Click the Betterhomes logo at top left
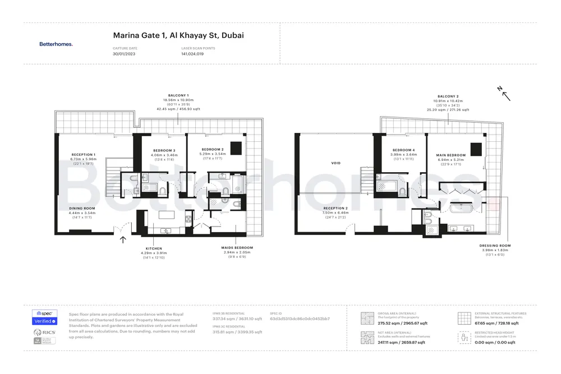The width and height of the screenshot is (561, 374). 56,44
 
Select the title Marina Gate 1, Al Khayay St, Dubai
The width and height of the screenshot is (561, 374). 178,35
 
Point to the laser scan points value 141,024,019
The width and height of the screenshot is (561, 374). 192,54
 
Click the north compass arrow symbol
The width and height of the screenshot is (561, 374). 505,94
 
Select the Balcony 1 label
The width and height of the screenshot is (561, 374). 178,95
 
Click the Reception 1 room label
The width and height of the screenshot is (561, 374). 83,154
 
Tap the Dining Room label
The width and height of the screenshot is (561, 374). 82,208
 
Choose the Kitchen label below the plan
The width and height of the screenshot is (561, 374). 154,248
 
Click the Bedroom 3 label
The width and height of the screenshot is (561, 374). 163,150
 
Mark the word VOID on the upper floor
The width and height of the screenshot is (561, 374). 336,163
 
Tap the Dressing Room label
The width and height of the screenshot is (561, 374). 495,246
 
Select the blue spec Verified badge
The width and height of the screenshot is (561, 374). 45,321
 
